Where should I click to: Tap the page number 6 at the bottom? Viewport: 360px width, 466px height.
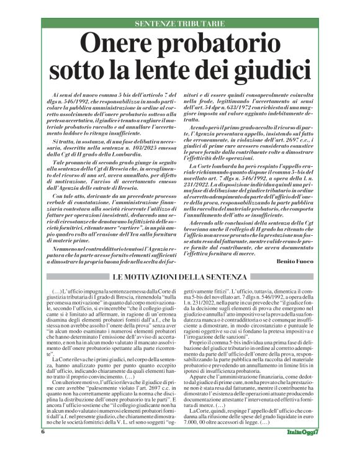point(43,449)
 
